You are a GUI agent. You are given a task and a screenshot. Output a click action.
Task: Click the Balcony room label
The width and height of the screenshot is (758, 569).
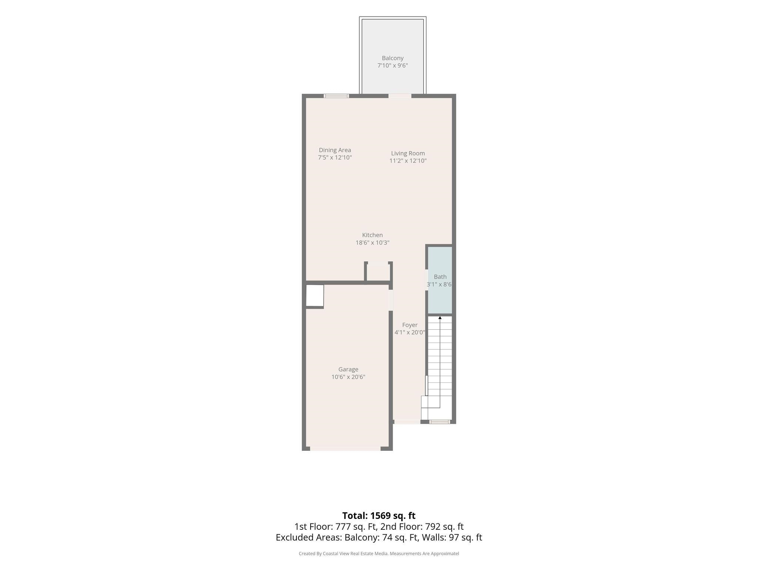pos(392,58)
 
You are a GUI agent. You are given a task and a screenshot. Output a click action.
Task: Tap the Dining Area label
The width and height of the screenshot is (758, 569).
pos(335,150)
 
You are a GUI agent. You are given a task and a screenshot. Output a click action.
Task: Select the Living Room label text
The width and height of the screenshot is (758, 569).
pos(408,153)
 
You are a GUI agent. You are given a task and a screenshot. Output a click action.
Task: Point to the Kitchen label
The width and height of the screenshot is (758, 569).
pos(372,235)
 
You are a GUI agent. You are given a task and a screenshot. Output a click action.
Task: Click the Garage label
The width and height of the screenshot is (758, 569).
pos(348,369)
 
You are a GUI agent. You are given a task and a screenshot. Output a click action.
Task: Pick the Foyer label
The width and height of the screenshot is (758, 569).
pos(410,325)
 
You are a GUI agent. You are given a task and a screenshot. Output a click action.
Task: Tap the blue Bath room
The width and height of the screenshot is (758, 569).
pos(440,280)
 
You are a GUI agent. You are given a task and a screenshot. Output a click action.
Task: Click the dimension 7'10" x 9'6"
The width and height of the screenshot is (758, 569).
pos(392,66)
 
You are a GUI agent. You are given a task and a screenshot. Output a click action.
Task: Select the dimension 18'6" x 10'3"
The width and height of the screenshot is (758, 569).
pos(372,243)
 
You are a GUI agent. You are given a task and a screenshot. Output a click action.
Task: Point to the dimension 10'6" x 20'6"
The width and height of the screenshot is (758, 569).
pos(348,377)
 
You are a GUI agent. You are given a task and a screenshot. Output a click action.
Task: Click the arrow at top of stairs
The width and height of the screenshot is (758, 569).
pos(440,317)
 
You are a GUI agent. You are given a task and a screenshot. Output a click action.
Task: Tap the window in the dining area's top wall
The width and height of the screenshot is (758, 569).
pos(336,96)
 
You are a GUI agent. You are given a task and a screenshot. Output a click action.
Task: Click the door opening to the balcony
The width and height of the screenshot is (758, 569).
pos(400,96)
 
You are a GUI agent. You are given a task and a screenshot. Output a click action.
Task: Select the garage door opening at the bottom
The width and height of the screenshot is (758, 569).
pos(345,449)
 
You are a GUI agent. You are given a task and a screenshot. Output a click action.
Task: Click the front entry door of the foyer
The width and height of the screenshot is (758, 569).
pos(407,422)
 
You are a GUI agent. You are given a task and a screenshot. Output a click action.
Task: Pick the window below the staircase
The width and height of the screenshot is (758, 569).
pos(440,422)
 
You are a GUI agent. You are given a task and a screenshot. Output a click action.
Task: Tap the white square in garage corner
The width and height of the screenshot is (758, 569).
pos(315,296)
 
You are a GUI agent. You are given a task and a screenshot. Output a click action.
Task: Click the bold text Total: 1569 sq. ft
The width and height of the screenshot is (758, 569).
pos(379,516)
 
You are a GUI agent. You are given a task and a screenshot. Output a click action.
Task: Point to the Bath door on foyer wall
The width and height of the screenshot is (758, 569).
pos(427,280)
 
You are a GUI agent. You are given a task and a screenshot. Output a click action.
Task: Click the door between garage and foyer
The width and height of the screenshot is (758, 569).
pos(390,300)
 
